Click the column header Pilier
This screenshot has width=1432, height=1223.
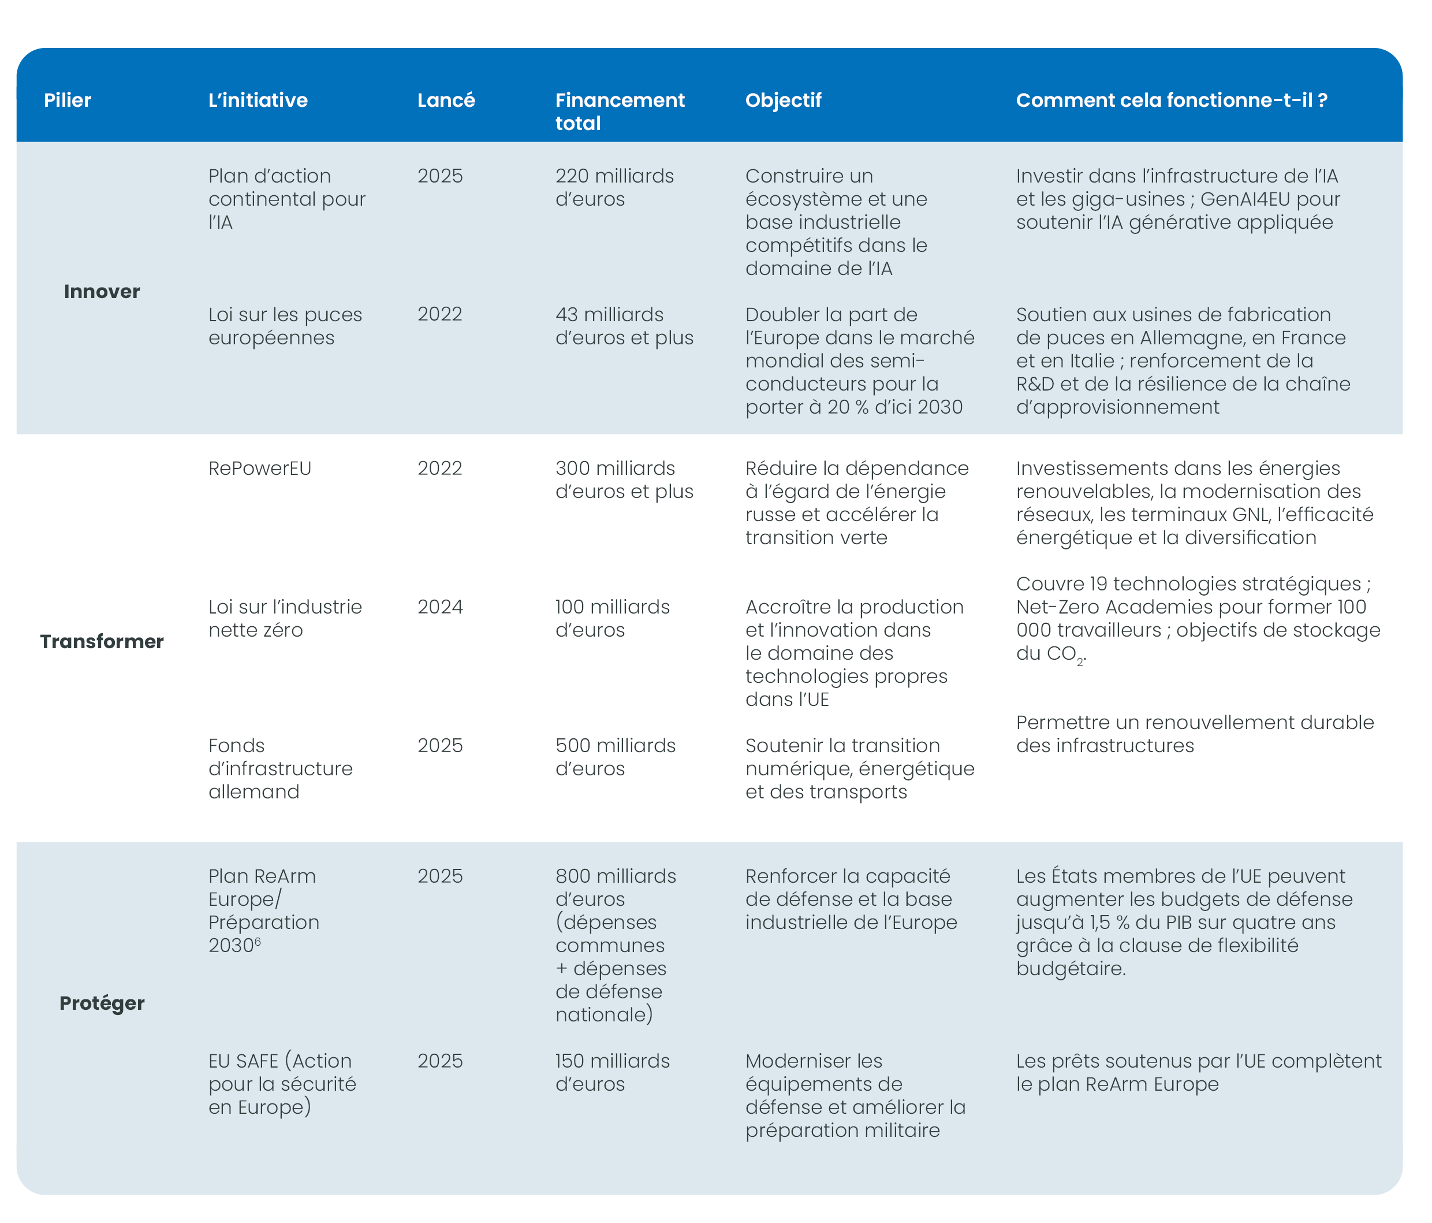[x=68, y=101]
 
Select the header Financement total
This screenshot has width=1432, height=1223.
[x=619, y=111]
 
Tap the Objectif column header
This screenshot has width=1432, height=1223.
[x=783, y=101]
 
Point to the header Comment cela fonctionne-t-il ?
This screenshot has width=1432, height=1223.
[x=1172, y=101]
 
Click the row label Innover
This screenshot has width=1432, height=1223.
[x=102, y=292]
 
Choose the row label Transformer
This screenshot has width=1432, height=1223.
[x=102, y=642]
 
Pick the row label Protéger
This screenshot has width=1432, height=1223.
[x=102, y=1003]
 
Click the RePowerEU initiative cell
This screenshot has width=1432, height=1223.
[x=260, y=469]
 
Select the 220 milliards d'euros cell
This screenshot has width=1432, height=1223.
[x=614, y=187]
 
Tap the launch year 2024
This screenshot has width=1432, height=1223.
[x=439, y=607]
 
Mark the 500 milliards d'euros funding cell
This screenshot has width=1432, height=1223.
[x=615, y=757]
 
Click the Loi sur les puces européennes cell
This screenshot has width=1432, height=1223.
[x=285, y=326]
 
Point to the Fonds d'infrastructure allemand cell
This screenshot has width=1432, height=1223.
[x=281, y=769]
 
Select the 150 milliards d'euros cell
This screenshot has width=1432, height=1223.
[x=612, y=1072]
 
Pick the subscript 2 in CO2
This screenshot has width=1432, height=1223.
[x=1080, y=662]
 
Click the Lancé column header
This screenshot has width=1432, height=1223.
[x=446, y=101]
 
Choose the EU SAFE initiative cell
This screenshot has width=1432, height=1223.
[x=282, y=1084]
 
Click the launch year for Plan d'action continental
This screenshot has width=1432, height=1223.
[x=439, y=176]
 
